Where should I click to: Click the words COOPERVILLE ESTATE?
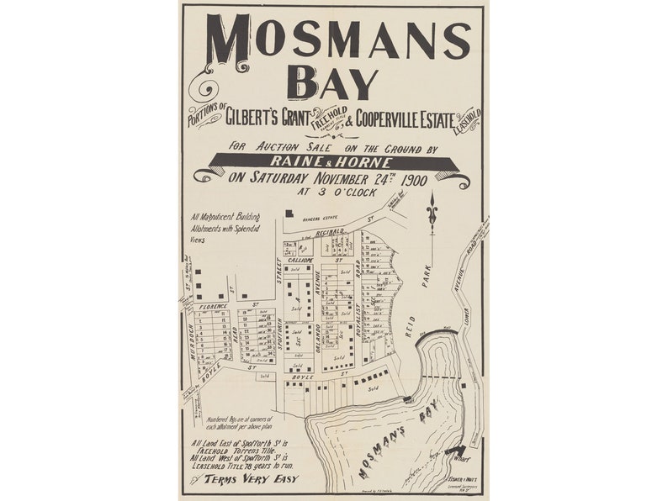click(405, 119)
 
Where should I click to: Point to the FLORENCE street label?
click(209, 308)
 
